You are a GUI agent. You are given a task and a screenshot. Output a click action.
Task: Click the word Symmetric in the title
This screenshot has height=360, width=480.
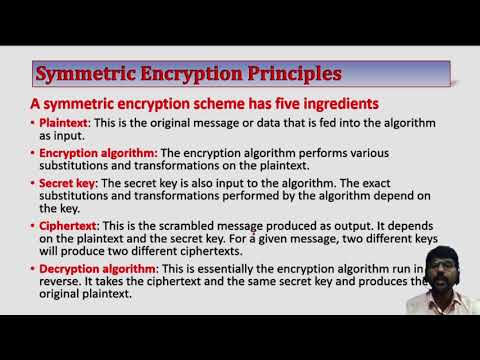point(82,74)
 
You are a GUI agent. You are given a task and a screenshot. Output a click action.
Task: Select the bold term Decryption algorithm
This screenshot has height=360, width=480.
point(92,270)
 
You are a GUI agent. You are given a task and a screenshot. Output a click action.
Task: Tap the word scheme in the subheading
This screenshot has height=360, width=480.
point(182,102)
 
